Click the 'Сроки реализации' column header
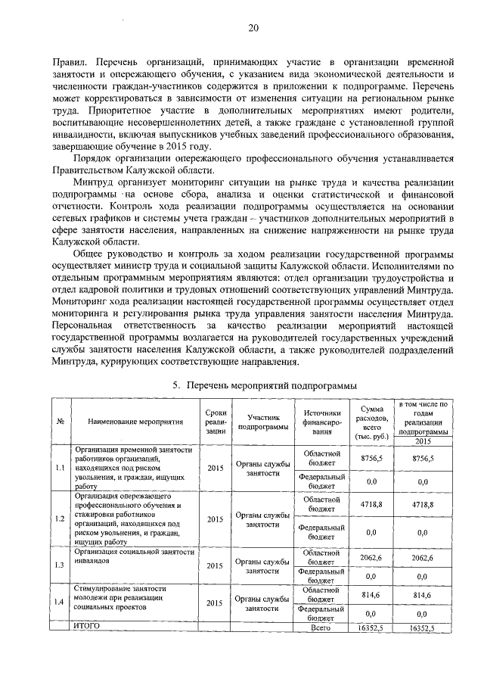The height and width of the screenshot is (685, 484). click(216, 421)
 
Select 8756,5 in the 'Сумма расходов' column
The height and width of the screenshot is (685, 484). click(372, 459)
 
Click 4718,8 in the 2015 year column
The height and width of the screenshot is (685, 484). click(422, 503)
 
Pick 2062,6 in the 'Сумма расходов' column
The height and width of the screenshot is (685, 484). click(372, 557)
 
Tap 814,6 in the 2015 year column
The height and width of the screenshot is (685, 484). click(422, 596)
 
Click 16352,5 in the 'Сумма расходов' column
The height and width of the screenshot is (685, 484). click(372, 627)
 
